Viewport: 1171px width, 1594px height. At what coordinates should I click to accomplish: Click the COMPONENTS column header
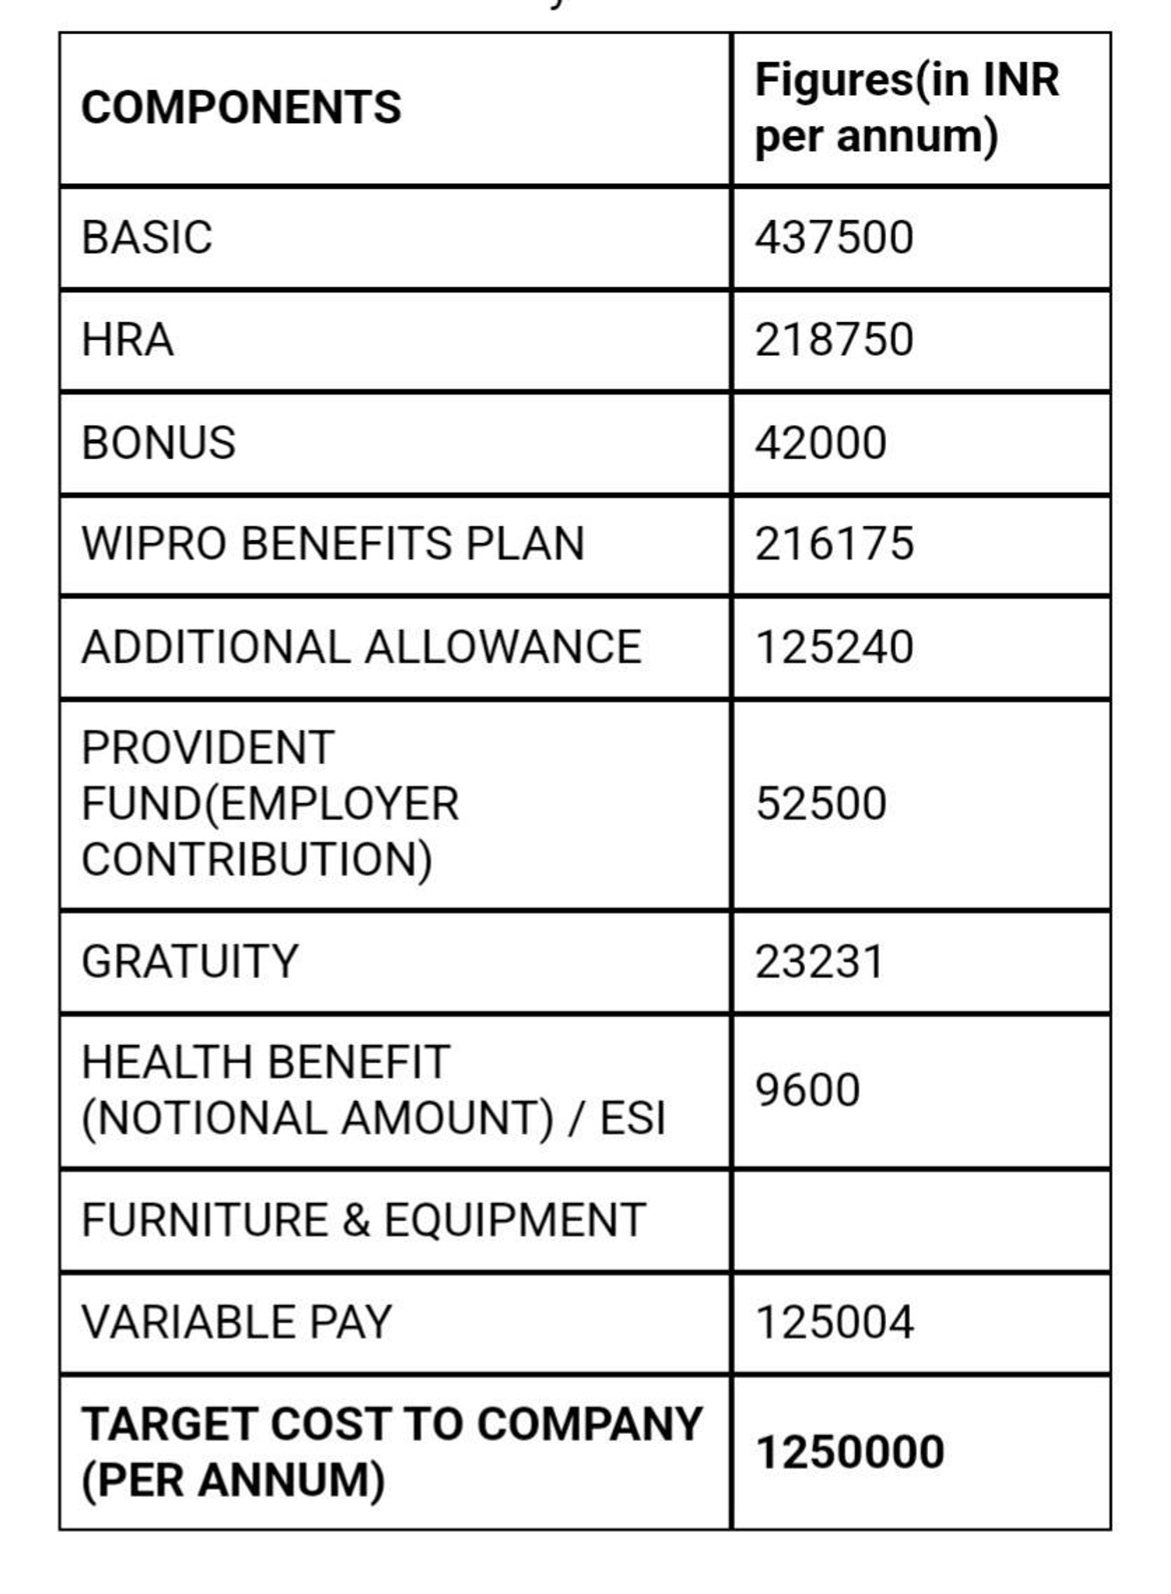coord(241,107)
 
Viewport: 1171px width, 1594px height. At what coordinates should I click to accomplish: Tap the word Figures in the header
coord(833,80)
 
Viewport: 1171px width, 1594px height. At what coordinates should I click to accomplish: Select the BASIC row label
coord(146,237)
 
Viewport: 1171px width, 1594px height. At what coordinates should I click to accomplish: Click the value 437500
coord(834,237)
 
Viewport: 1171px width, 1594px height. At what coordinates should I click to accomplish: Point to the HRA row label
coord(127,340)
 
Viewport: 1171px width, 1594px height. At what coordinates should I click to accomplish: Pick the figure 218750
coord(834,340)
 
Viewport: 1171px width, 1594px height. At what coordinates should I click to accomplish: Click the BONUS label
coord(158,443)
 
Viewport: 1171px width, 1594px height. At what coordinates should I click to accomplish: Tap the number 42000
coord(821,443)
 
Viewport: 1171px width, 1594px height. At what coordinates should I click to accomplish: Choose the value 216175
coord(834,543)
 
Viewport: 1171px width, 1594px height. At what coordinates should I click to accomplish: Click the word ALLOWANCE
coord(503,647)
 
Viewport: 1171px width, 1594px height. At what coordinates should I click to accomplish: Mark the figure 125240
coord(834,647)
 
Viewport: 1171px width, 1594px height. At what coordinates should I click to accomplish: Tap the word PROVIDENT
coord(208,748)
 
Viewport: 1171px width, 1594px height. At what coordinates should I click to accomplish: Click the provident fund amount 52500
coord(821,803)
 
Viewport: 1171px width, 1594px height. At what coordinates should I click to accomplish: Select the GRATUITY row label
coord(190,961)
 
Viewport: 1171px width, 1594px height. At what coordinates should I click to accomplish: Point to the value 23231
coord(819,961)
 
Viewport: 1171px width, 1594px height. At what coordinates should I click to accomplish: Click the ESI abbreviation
coord(632,1118)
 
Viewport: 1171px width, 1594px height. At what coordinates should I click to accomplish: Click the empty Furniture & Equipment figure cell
coord(920,1220)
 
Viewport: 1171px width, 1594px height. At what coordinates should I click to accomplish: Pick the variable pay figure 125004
coord(834,1322)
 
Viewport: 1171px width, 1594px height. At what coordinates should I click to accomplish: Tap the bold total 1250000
coord(849,1452)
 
